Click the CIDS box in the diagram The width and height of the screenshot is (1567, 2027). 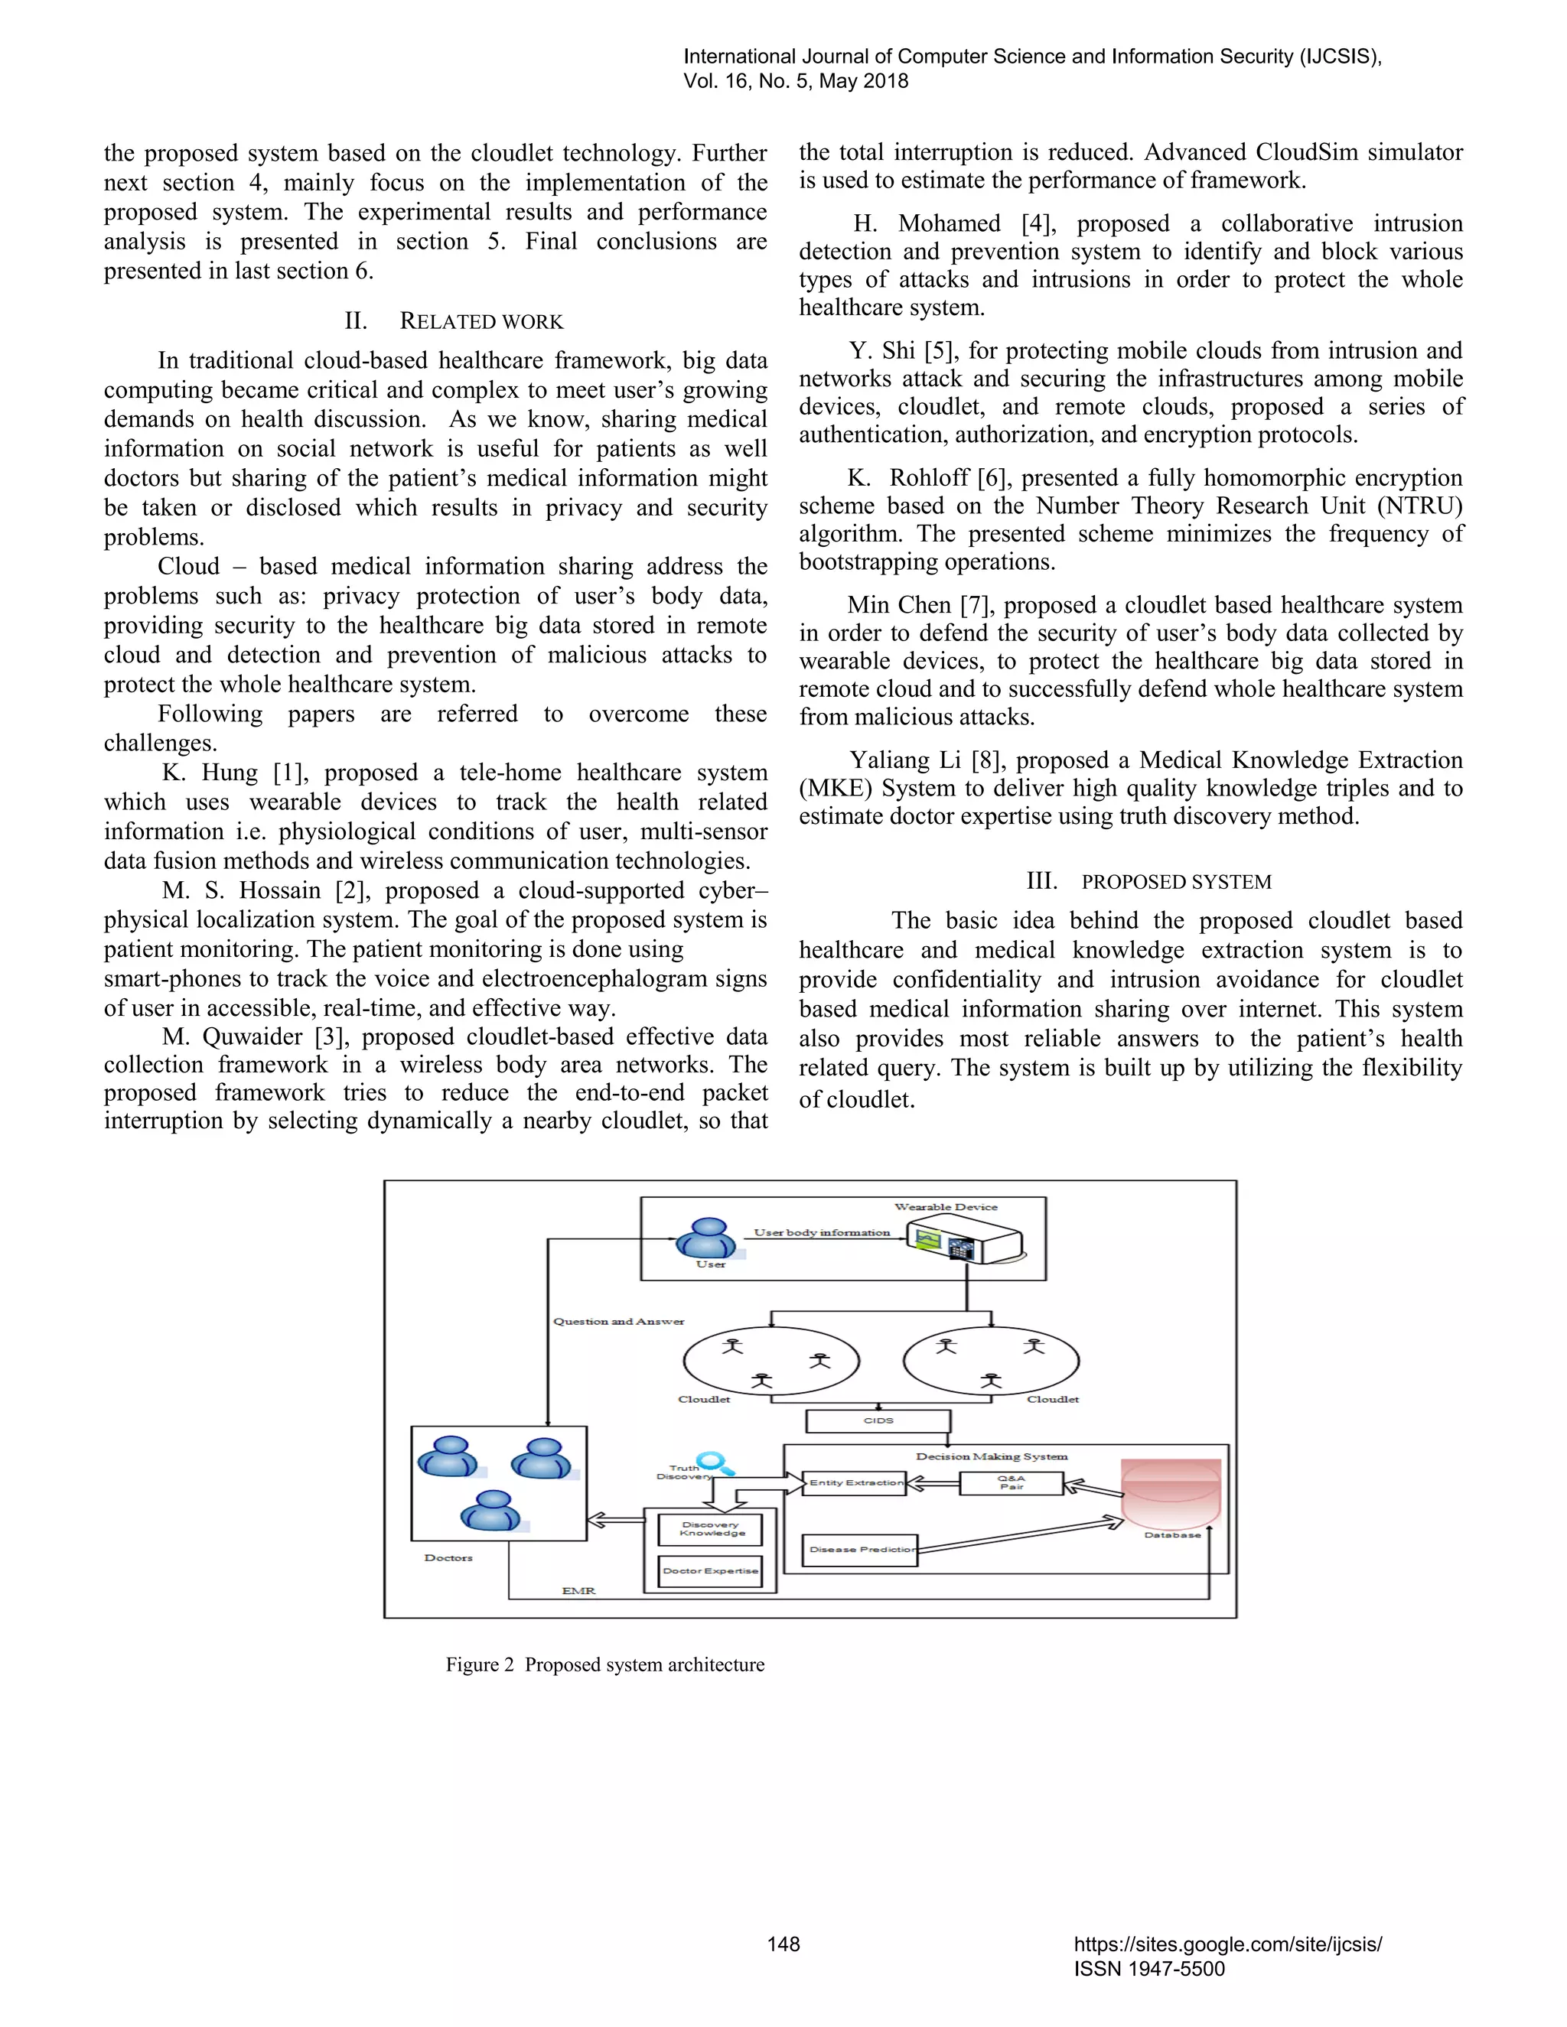(x=878, y=1420)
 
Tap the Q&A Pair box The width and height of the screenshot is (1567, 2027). (x=1011, y=1482)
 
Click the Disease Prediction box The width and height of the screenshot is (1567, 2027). (x=859, y=1549)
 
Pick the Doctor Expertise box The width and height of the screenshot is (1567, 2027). (x=710, y=1570)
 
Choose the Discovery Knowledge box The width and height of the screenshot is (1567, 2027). (x=710, y=1528)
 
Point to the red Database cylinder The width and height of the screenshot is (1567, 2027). (x=1171, y=1492)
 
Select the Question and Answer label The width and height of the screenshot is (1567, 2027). (x=618, y=1321)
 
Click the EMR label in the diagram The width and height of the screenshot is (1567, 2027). (x=578, y=1591)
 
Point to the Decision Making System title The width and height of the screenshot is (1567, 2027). (x=992, y=1456)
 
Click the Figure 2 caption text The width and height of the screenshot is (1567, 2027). (x=604, y=1664)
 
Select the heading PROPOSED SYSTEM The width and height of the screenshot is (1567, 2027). (x=1176, y=882)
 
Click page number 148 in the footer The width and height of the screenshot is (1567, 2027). (x=783, y=1944)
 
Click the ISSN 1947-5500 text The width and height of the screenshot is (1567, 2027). (x=1149, y=1969)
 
